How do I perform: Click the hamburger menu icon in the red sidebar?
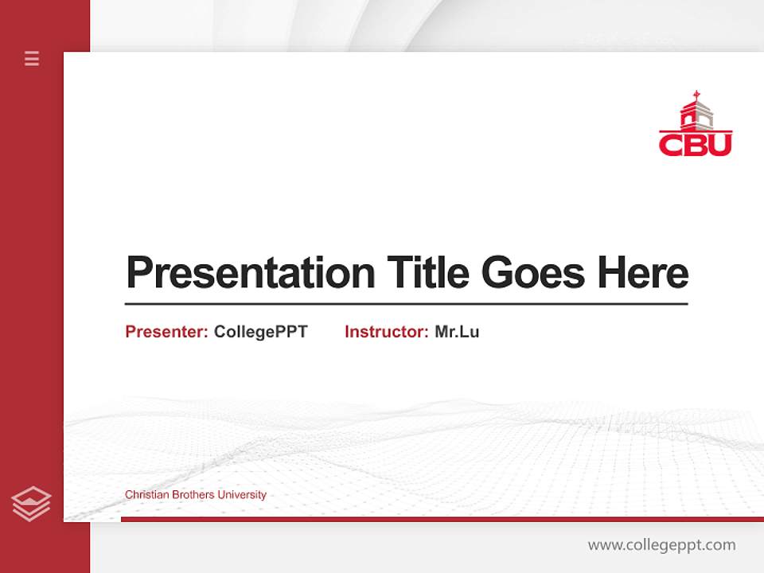pyautogui.click(x=32, y=58)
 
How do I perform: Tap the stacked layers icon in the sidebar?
pyautogui.click(x=31, y=504)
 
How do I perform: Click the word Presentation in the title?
pyautogui.click(x=250, y=273)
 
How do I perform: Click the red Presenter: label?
pyautogui.click(x=166, y=332)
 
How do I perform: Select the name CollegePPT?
pyautogui.click(x=260, y=332)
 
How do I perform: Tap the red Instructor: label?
pyautogui.click(x=386, y=332)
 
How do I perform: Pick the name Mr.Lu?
pyautogui.click(x=457, y=332)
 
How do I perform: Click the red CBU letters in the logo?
pyautogui.click(x=695, y=144)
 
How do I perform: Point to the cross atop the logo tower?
pyautogui.click(x=696, y=95)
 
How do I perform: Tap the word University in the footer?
pyautogui.click(x=242, y=495)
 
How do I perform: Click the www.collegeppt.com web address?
pyautogui.click(x=661, y=545)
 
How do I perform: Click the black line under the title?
pyautogui.click(x=406, y=303)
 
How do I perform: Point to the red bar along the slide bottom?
pyautogui.click(x=442, y=519)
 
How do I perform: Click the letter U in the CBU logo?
pyautogui.click(x=719, y=144)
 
